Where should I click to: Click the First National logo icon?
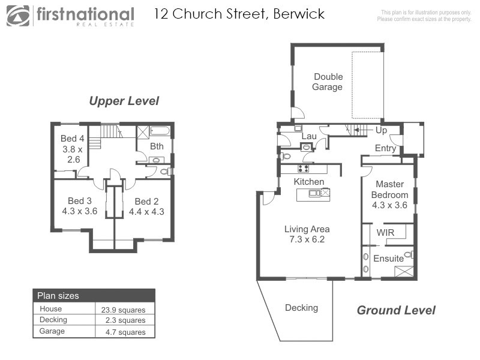18,16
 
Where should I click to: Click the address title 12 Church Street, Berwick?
239,14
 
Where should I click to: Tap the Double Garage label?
328,82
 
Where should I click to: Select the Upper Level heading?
124,101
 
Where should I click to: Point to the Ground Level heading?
396,310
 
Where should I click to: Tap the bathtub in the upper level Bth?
160,131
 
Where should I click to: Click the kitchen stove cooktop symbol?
304,169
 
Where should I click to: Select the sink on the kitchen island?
314,193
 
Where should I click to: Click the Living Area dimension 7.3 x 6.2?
307,241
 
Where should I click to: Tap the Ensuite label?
388,259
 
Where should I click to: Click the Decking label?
301,308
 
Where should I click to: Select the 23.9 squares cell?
124,309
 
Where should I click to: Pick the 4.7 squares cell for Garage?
124,331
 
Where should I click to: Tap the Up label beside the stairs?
381,130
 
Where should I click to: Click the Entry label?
385,148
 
